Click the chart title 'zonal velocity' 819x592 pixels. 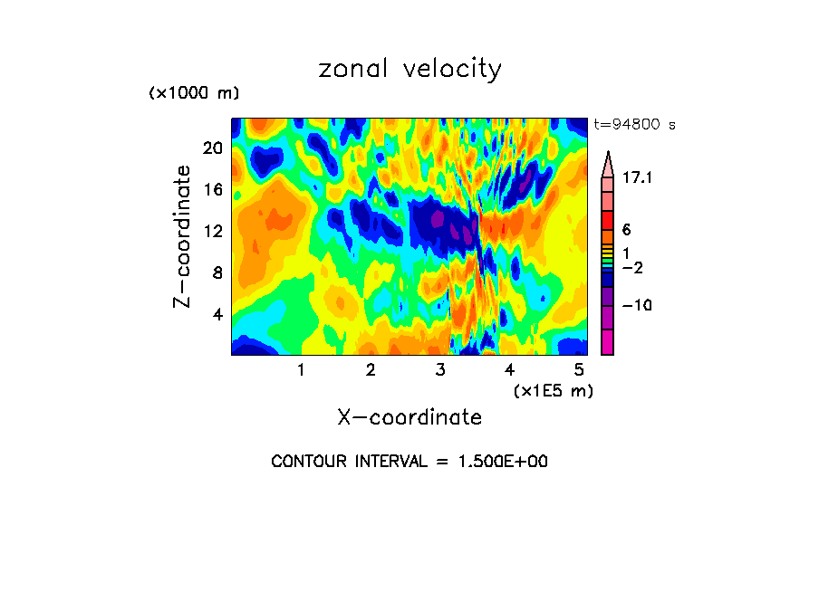409,69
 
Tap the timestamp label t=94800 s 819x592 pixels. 634,125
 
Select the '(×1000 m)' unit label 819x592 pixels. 193,94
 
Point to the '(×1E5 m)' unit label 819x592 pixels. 553,390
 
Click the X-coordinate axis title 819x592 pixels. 409,417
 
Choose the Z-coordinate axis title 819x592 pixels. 183,237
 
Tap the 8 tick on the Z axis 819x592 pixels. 217,272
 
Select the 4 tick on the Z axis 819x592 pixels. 217,315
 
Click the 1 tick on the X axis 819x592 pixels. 301,370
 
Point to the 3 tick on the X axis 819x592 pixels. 440,370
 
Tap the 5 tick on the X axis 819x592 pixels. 579,370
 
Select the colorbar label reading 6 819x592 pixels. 625,230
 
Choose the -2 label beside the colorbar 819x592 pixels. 631,268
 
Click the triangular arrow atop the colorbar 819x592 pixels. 607,163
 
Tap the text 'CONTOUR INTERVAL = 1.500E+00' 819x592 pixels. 409,462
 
